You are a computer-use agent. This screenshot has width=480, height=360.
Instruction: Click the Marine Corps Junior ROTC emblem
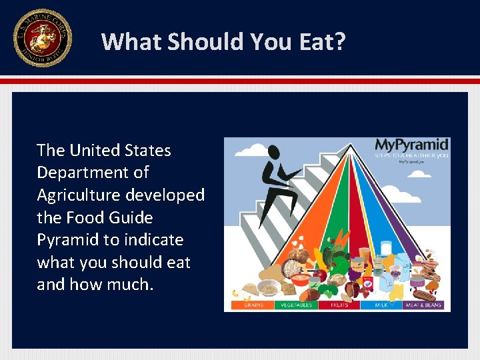42,38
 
